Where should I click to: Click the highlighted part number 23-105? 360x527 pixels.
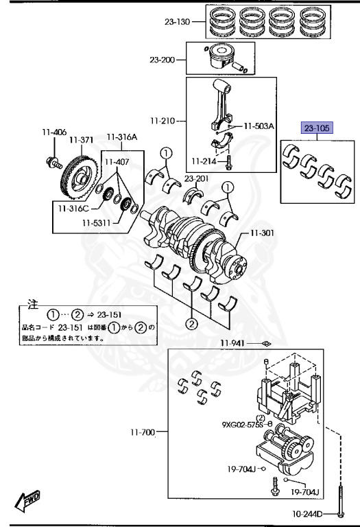(317, 128)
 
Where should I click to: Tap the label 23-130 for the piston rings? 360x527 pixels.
(178, 22)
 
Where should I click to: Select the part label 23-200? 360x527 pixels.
(163, 60)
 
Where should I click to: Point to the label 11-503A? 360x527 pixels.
(259, 126)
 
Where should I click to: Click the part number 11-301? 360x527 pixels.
(262, 233)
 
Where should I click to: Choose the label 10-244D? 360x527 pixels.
(307, 514)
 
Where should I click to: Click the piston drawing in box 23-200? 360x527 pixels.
(221, 57)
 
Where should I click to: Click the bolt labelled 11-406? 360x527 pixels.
(54, 163)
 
